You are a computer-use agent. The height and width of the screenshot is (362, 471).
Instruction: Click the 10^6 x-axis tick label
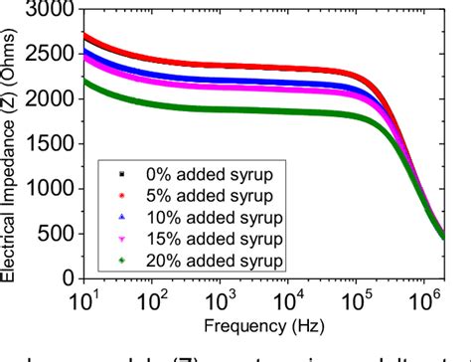click(434, 298)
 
